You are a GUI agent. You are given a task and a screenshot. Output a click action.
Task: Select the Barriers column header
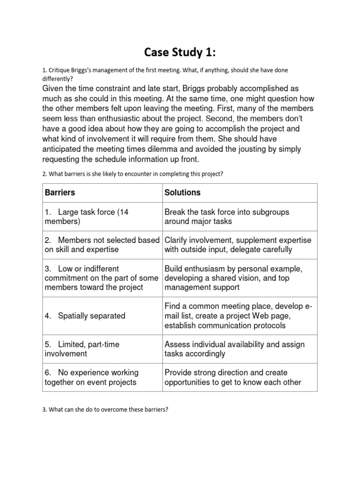pyautogui.click(x=60, y=193)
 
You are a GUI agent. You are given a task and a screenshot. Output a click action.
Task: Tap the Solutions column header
pyautogui.click(x=182, y=193)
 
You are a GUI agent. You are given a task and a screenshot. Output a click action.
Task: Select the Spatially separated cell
pyautogui.click(x=85, y=316)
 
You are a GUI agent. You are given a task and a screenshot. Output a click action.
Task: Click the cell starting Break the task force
pyautogui.click(x=227, y=217)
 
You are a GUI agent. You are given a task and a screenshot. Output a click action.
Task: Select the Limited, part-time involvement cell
pyautogui.click(x=82, y=349)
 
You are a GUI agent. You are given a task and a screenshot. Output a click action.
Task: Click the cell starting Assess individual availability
pyautogui.click(x=234, y=349)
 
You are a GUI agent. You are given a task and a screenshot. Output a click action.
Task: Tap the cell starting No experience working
pyautogui.click(x=91, y=377)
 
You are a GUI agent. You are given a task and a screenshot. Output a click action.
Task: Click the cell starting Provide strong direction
pyautogui.click(x=232, y=377)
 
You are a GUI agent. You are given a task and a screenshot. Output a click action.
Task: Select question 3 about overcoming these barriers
pyautogui.click(x=105, y=409)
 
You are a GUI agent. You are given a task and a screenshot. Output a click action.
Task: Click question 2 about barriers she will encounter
pyautogui.click(x=133, y=174)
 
